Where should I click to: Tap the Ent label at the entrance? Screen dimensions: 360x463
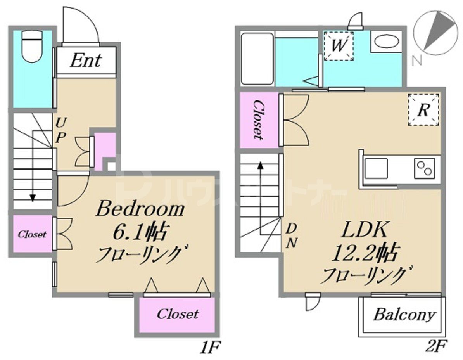coord(86,61)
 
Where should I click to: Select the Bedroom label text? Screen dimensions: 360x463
coord(140,210)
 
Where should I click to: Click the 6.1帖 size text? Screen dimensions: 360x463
coord(140,232)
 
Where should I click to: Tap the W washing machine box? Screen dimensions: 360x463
coord(339,46)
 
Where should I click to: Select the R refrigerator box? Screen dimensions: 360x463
coord(423,110)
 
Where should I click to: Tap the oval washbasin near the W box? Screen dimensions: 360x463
coord(386,42)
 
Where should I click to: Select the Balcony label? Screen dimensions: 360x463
coord(404,315)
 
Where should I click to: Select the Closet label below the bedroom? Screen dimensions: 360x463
coord(178,314)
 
